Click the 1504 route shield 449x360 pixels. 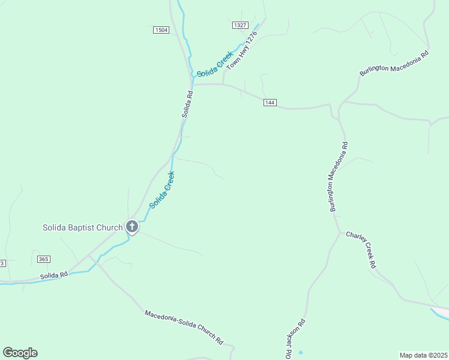(161, 30)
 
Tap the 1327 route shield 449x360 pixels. (240, 25)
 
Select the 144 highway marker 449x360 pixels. (270, 103)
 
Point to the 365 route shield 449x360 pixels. (43, 259)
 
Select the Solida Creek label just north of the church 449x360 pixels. (162, 190)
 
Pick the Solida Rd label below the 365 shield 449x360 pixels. (55, 275)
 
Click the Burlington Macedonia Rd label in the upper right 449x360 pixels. (394, 63)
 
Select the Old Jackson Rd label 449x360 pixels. (295, 339)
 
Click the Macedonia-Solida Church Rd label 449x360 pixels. (184, 327)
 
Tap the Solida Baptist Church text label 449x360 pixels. (82, 227)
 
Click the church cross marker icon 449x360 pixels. (132, 227)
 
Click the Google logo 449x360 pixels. (20, 353)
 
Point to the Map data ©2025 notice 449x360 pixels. (424, 355)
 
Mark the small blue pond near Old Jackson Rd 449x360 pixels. (300, 352)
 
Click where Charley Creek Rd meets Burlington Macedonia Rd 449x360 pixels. (341, 232)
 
